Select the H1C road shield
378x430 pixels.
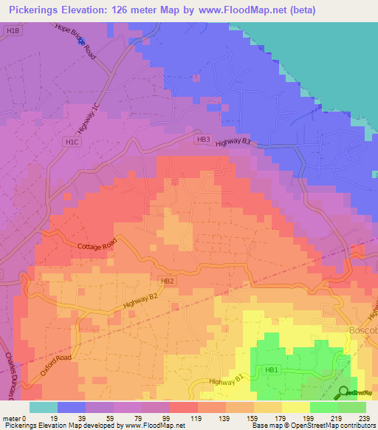point(72,141)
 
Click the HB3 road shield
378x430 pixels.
point(204,139)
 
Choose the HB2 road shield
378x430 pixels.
point(167,281)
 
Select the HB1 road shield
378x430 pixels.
point(271,370)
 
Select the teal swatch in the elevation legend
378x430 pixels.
point(43,407)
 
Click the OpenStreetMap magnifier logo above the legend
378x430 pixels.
point(344,392)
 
